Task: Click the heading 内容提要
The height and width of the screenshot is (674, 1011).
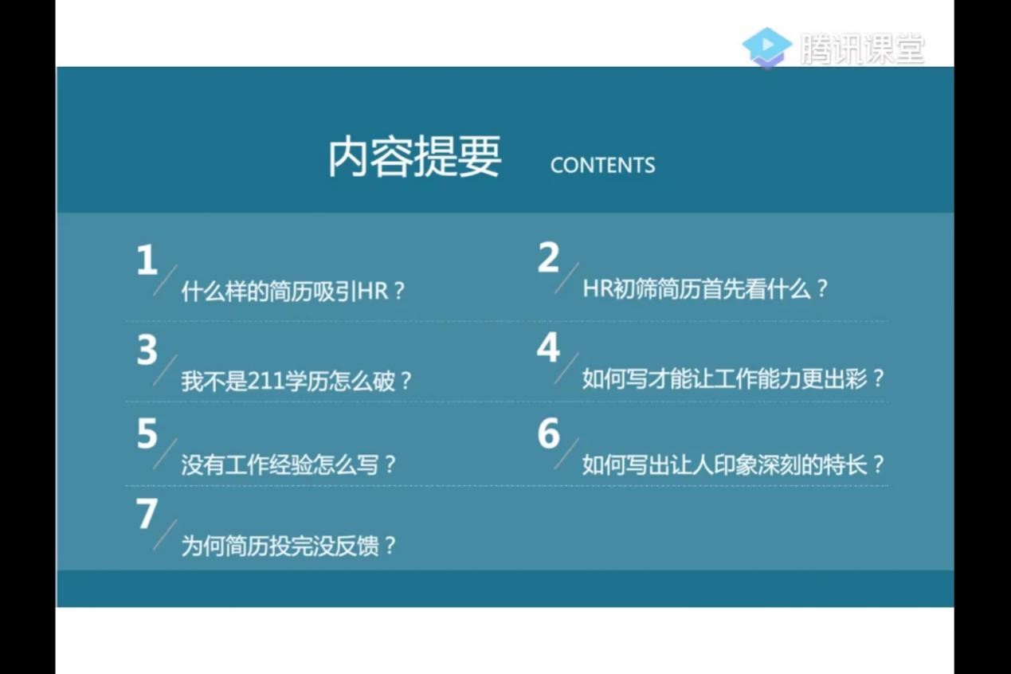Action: click(x=414, y=157)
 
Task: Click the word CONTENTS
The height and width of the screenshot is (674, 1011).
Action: click(x=602, y=165)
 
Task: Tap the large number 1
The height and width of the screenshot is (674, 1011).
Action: click(x=147, y=260)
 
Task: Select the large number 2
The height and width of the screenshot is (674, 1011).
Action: click(x=548, y=257)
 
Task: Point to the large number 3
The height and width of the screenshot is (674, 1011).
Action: click(x=147, y=350)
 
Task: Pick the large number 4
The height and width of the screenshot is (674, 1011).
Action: click(x=548, y=347)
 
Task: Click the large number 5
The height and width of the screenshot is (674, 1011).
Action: click(x=147, y=433)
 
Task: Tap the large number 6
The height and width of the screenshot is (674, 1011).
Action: click(x=549, y=433)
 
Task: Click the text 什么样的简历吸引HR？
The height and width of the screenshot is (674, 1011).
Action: click(x=293, y=291)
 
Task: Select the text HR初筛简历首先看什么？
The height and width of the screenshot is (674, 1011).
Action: click(x=706, y=288)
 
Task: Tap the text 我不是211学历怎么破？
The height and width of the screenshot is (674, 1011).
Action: click(x=296, y=382)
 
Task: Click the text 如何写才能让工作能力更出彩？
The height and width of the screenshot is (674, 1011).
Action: click(x=733, y=378)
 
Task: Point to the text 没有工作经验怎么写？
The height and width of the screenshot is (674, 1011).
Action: click(x=289, y=465)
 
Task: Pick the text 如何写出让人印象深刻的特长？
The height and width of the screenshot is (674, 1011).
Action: click(x=733, y=465)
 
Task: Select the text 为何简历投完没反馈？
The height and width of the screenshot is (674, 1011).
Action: click(x=289, y=546)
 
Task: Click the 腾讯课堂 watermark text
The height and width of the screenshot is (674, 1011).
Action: click(x=863, y=49)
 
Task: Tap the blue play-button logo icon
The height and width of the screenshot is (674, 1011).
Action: click(x=767, y=47)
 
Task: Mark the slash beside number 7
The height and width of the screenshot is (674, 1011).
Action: click(x=165, y=535)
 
